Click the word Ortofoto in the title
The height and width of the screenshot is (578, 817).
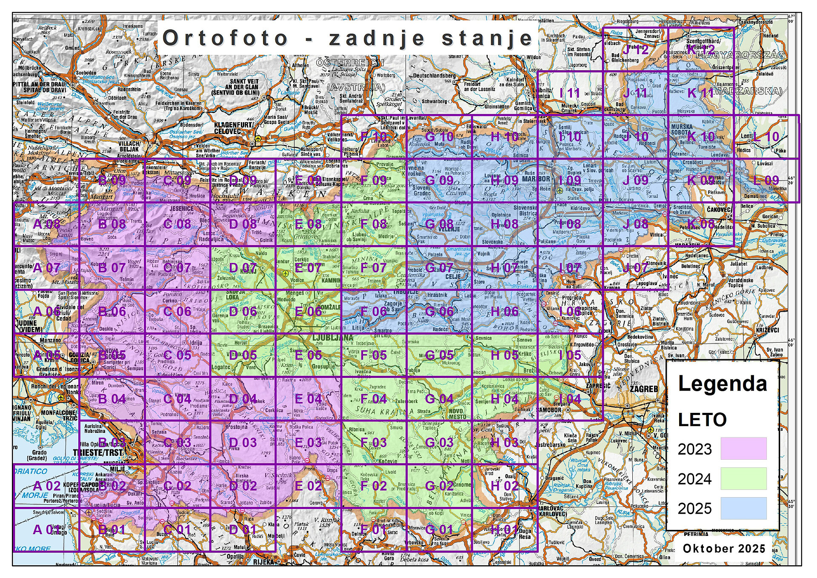tap(226, 38)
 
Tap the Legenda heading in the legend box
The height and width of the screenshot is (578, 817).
tap(722, 383)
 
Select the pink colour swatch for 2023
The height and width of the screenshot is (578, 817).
tap(743, 448)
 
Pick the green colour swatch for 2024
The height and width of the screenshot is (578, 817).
tap(743, 478)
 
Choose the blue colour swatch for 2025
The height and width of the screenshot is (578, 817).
tap(743, 508)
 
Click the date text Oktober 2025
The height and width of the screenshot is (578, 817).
tap(724, 548)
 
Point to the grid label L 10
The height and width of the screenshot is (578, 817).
tap(766, 137)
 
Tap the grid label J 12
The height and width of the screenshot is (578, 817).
tap(635, 49)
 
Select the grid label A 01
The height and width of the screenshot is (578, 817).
tap(46, 529)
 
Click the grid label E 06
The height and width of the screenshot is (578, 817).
tap(308, 311)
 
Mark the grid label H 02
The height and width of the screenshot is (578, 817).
tap(504, 486)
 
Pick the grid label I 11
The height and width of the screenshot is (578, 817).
tap(570, 93)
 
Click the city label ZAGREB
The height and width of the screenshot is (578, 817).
tap(643, 389)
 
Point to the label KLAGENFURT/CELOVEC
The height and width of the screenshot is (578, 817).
tap(233, 127)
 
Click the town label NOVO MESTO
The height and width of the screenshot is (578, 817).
tap(457, 413)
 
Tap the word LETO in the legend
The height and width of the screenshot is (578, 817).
tap(702, 420)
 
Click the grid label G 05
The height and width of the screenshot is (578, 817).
tap(439, 355)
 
